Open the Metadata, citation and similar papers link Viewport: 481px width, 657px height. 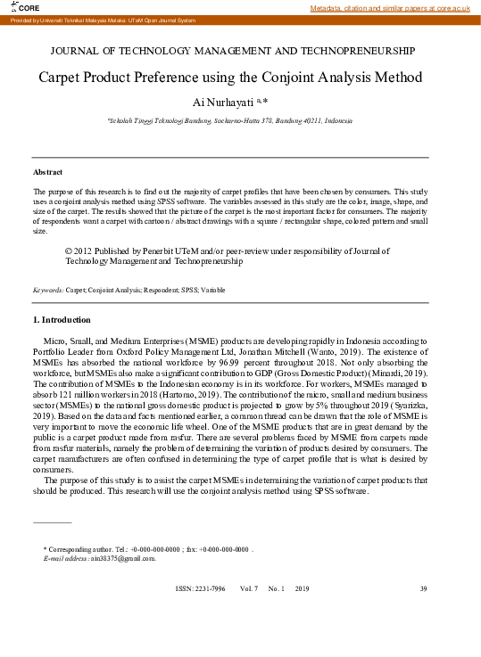390,7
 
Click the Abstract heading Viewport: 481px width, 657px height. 47,171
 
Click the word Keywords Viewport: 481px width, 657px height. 47,290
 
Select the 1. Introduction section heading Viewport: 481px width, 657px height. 62,319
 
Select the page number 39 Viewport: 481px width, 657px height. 424,589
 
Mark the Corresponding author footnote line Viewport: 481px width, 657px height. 147,548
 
